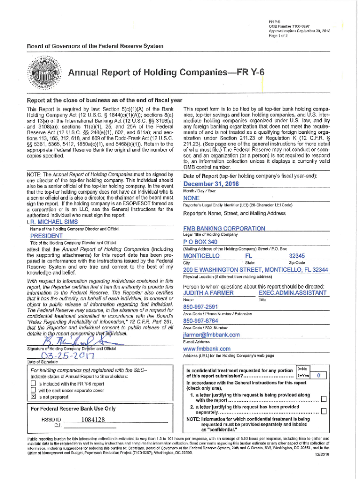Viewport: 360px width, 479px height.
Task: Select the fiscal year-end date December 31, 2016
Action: coord(208,184)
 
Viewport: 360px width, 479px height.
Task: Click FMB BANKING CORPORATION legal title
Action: coord(224,228)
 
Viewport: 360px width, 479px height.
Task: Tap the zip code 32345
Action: coord(297,256)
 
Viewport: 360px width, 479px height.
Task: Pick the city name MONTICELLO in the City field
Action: coord(201,256)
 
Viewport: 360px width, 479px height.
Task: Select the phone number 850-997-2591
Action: coord(202,307)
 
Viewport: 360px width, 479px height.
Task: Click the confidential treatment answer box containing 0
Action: coord(318,376)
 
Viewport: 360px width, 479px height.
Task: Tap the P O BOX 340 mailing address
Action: coord(201,242)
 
